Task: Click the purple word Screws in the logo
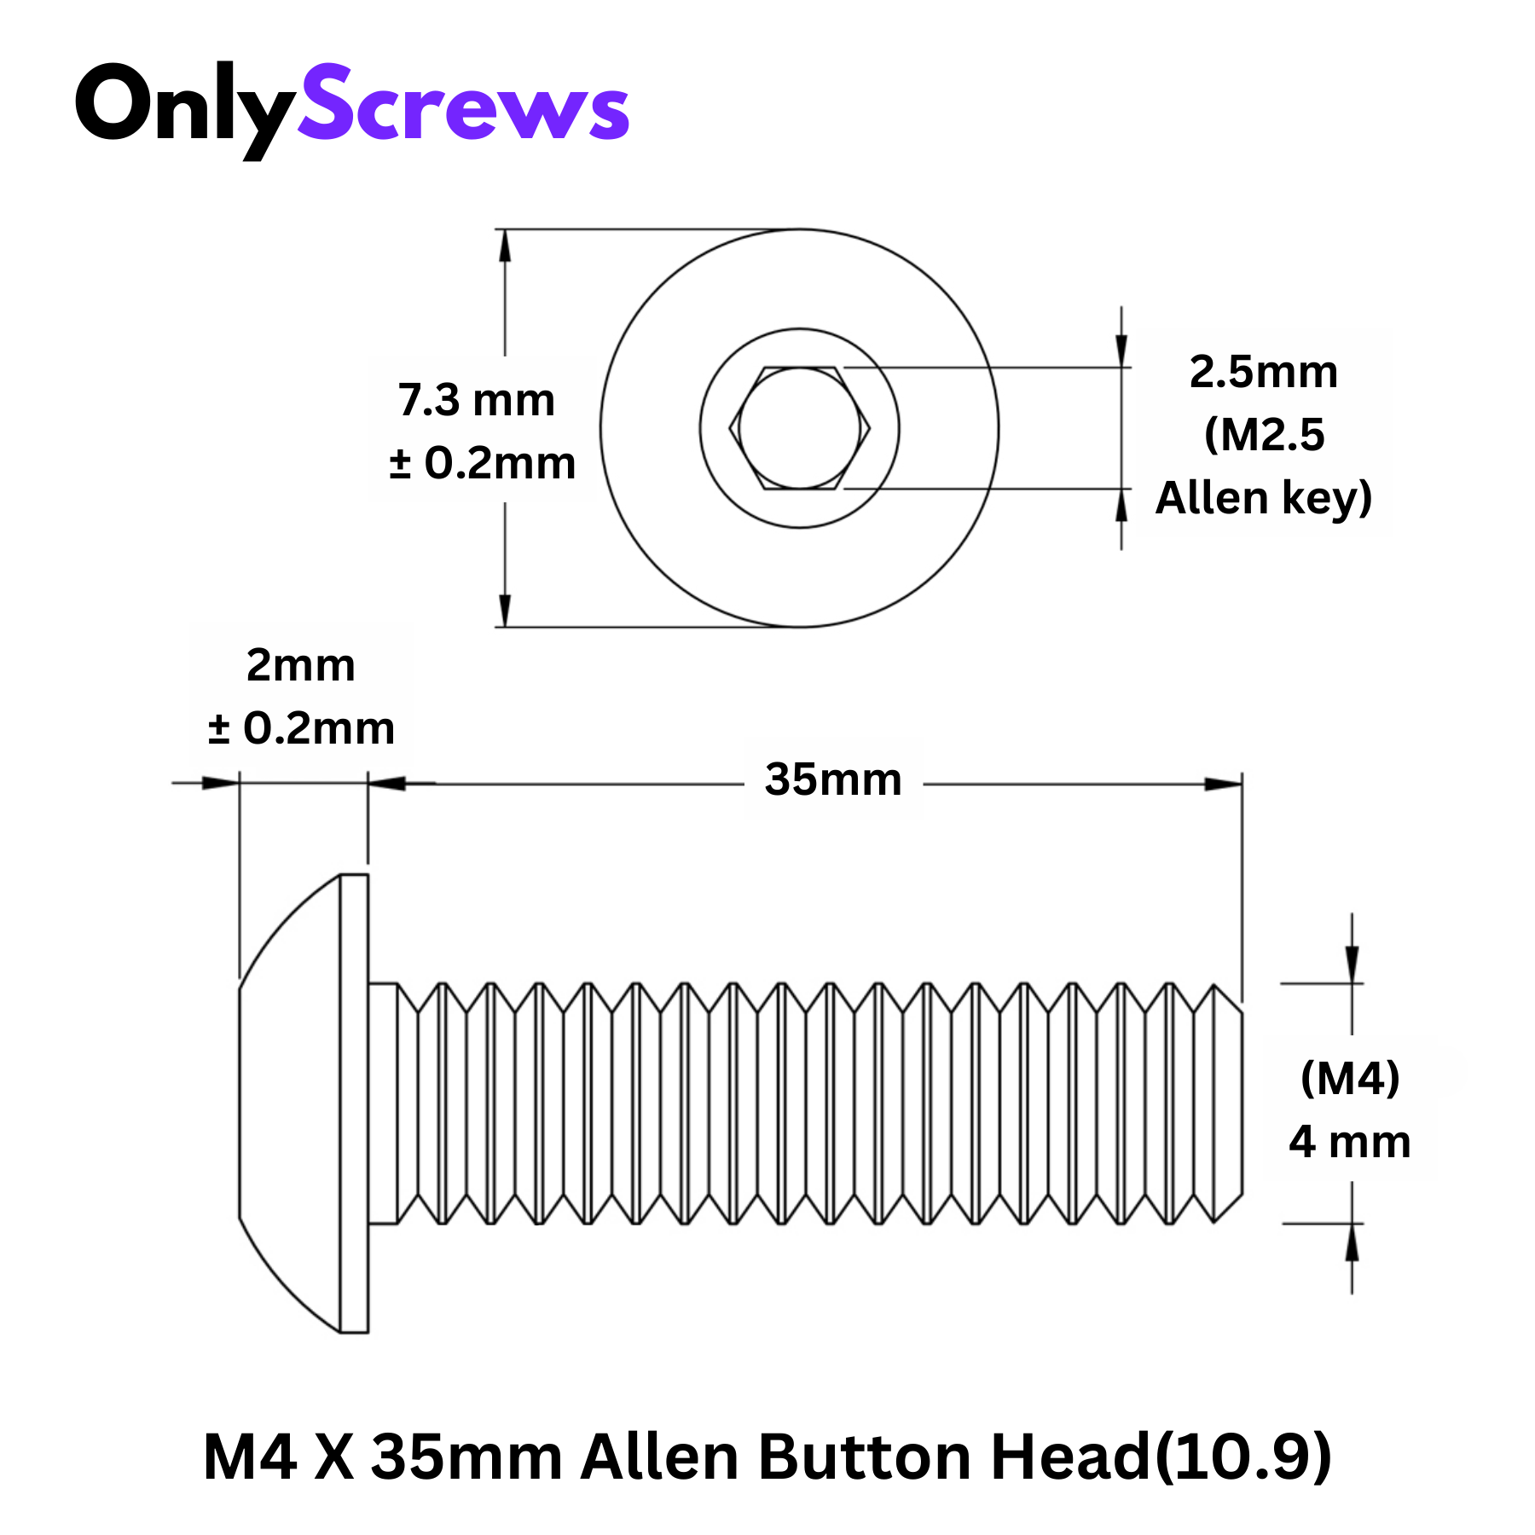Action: click(x=463, y=106)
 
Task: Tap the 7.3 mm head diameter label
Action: click(x=476, y=400)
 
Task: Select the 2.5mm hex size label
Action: click(x=1263, y=372)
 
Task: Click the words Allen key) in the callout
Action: click(x=1263, y=498)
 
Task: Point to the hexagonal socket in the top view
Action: click(x=799, y=428)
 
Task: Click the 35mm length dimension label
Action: click(x=833, y=779)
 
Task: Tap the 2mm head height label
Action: click(x=300, y=665)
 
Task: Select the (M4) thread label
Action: click(x=1350, y=1078)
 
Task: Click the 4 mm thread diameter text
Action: click(x=1350, y=1142)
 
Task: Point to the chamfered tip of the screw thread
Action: click(x=1228, y=1103)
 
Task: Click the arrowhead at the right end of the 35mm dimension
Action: click(x=1225, y=784)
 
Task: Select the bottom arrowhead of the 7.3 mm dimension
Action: click(x=505, y=611)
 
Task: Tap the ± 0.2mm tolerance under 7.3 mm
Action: click(x=483, y=464)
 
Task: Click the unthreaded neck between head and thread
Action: click(x=383, y=1103)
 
